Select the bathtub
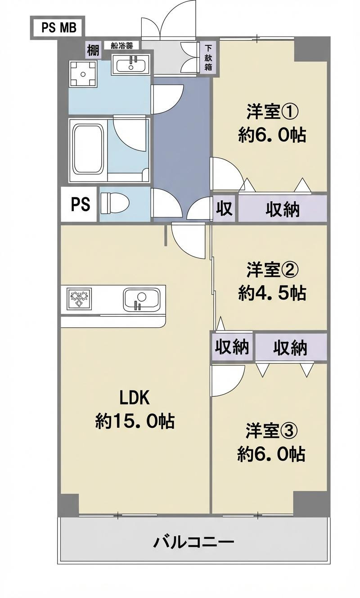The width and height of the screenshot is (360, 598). click(89, 150)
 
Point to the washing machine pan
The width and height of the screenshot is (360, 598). click(83, 73)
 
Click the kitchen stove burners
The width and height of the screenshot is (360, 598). click(80, 299)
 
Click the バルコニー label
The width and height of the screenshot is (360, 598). click(193, 541)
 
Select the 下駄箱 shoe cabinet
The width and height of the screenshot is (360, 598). click(208, 58)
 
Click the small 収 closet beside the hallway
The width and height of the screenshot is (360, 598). click(224, 208)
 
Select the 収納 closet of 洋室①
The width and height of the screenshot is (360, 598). click(282, 208)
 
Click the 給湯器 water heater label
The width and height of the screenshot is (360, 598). click(118, 45)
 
